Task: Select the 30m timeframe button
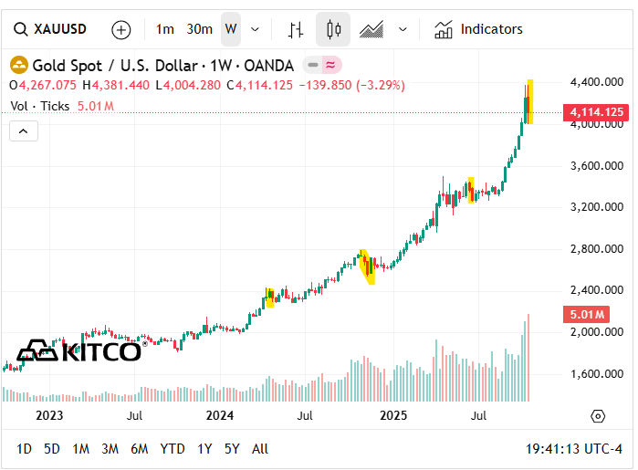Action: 200,29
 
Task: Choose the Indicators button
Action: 479,29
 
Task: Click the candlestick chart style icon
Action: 333,29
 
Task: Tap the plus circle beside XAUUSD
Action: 121,29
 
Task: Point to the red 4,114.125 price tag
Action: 596,112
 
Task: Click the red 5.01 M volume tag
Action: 586,315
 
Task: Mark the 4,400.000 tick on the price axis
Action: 596,82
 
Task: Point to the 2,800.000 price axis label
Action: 596,248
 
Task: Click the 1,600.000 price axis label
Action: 596,373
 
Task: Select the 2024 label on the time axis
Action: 220,416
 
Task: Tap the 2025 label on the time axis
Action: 393,416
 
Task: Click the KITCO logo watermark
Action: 79,350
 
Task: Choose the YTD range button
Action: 173,449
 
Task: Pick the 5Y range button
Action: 233,449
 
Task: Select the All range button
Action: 260,449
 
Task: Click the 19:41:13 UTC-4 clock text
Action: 574,449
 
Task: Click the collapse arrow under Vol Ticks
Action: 24,131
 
